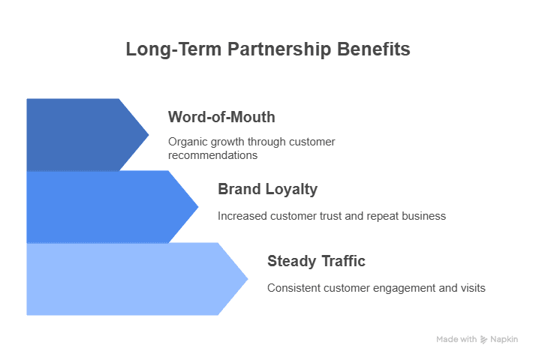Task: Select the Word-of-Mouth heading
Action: pos(221,117)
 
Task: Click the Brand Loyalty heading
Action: pos(267,189)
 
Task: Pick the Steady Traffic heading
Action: pos(316,261)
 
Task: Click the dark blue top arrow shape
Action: pos(83,134)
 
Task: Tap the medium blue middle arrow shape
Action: pos(105,206)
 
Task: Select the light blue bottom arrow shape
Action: pos(128,278)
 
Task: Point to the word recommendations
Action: pos(213,155)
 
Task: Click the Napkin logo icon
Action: pos(484,340)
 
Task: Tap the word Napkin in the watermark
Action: pos(505,340)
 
